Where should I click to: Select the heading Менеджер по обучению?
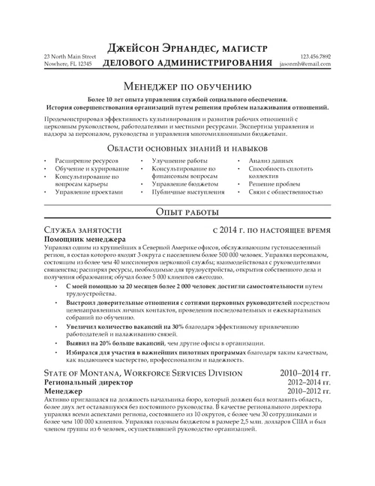pos(187,86)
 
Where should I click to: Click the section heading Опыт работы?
pos(187,213)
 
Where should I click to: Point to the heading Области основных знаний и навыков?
pos(187,149)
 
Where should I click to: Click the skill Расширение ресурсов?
pos(85,161)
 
